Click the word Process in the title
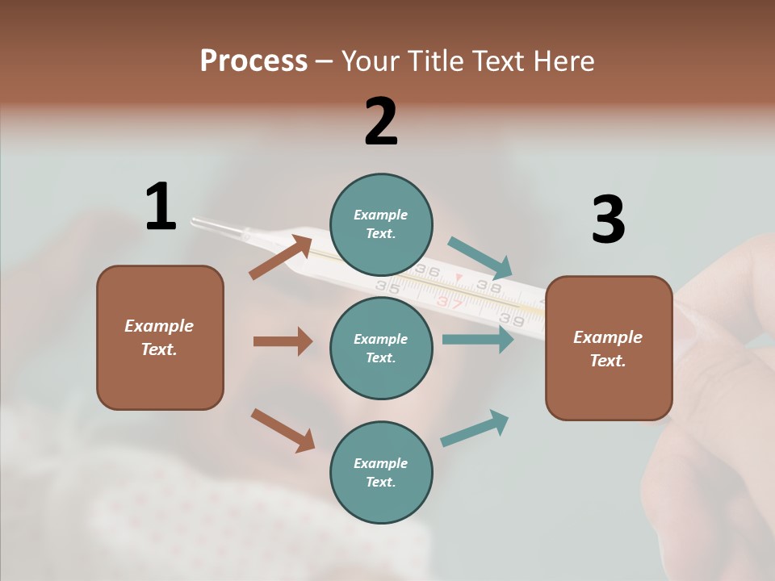coord(253,61)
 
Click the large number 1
coord(161,207)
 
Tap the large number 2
coord(381,122)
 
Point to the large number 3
coord(608,219)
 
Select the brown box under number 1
coord(160,337)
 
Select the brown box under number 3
coord(609,348)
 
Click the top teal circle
coord(381,224)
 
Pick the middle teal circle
coord(381,348)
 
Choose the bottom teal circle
coord(381,472)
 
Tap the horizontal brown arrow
coord(283,341)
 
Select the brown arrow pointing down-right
coord(283,429)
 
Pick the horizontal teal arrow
coord(478,339)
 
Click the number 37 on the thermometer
coord(450,303)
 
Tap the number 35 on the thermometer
coord(387,286)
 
